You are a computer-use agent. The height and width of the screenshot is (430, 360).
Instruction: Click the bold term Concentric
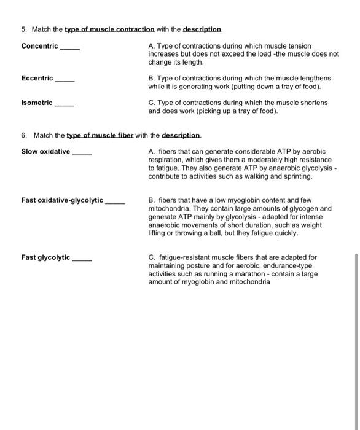tap(39, 46)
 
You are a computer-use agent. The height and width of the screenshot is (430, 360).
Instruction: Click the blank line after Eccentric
tap(65, 79)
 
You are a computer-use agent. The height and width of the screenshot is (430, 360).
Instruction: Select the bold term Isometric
tap(37, 103)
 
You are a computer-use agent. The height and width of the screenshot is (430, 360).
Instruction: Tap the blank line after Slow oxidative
tap(82, 152)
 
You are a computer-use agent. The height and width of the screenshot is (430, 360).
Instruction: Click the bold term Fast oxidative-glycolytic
tap(62, 200)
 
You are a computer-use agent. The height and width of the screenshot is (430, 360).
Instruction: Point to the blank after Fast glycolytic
tap(82, 257)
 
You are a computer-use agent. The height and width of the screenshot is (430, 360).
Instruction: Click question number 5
tap(23, 29)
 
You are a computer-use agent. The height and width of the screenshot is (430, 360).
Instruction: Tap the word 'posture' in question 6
tap(198, 265)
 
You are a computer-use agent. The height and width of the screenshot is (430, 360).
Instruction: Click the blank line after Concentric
tap(69, 46)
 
